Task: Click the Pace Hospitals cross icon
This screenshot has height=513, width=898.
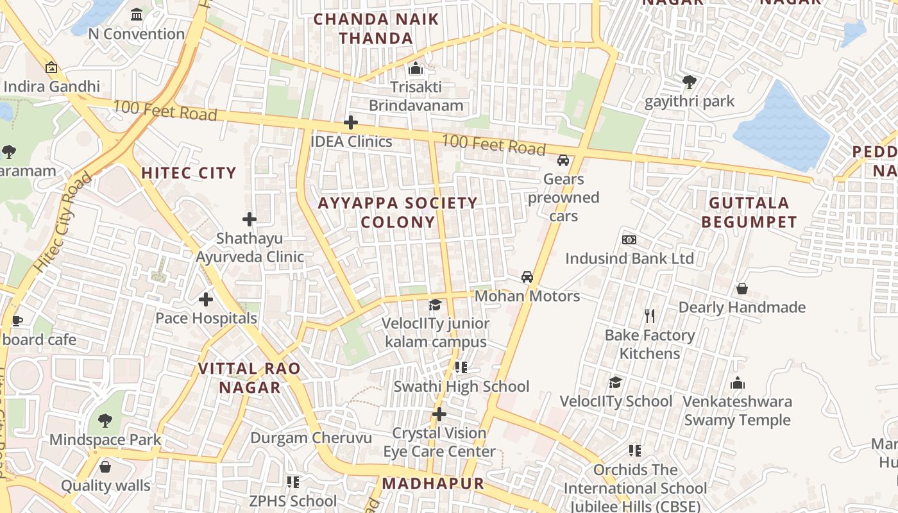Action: (206, 299)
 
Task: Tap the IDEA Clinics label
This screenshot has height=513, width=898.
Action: (351, 142)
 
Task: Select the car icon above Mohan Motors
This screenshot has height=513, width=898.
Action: (527, 277)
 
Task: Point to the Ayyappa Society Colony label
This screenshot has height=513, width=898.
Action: (398, 213)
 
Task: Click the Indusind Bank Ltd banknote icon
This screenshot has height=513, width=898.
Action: (629, 240)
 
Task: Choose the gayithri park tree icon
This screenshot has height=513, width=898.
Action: (690, 82)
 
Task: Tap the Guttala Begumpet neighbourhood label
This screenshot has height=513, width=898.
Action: (749, 213)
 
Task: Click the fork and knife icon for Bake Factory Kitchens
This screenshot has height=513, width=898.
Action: (650, 316)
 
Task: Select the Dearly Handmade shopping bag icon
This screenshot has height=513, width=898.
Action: (742, 289)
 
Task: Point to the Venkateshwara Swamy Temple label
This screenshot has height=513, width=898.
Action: (737, 411)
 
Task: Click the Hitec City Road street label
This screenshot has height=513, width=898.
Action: (63, 221)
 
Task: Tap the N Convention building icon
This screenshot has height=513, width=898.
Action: (137, 14)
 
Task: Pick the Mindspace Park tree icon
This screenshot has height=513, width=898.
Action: (105, 421)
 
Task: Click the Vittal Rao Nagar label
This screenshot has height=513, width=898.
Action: (250, 378)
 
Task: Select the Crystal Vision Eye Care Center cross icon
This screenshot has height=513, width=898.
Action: (439, 414)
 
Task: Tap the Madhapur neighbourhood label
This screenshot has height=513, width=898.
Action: (433, 484)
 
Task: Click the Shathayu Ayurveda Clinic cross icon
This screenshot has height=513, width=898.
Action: (250, 219)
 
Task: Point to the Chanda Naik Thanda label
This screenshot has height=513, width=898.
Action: (376, 29)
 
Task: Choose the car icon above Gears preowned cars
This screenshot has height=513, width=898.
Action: (563, 160)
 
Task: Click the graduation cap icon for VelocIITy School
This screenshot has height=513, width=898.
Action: (616, 383)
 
